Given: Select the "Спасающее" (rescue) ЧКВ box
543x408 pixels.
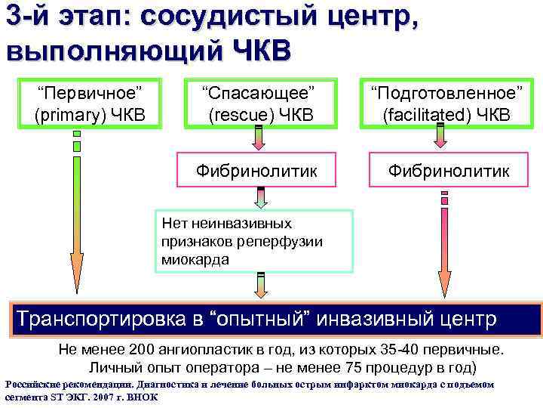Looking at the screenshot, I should [258, 104].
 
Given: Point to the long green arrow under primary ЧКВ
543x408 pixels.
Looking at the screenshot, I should [77, 227].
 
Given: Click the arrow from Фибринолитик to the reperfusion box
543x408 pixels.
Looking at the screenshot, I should [261, 198].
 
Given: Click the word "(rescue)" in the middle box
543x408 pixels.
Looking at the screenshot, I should [240, 115].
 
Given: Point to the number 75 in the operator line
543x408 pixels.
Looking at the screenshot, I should [359, 369].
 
